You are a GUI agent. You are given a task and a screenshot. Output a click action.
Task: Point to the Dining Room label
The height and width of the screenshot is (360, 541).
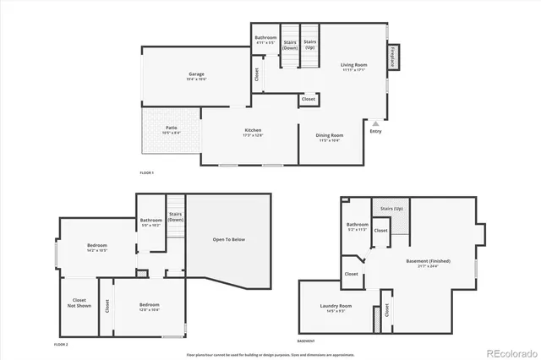click(x=330, y=137)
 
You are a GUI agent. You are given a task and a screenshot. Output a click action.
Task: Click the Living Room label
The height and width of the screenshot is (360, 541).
click(x=353, y=67)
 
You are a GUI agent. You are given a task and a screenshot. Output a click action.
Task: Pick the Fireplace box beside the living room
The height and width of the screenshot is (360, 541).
click(x=393, y=57)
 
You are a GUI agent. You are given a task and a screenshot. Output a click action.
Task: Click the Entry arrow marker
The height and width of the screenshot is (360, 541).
click(x=376, y=123)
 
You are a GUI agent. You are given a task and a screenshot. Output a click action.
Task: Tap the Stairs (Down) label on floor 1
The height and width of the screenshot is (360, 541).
click(x=290, y=44)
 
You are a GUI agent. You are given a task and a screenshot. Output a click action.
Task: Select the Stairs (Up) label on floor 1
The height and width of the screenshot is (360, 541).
click(x=310, y=44)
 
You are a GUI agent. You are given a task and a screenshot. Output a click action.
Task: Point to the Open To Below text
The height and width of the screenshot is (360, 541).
click(x=228, y=240)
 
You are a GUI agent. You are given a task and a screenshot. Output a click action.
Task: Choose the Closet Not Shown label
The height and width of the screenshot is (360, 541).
click(x=80, y=303)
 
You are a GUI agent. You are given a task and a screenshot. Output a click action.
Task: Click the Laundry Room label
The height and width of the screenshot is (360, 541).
click(x=336, y=308)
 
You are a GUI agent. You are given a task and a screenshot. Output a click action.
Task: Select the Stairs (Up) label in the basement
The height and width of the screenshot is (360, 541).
click(x=391, y=207)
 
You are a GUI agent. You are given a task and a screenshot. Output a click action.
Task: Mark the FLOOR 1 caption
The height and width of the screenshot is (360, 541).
click(x=147, y=172)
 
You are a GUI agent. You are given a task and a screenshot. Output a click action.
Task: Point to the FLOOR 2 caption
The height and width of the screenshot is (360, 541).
click(x=61, y=344)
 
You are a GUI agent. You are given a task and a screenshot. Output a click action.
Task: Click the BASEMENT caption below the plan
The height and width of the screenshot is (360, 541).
click(x=307, y=341)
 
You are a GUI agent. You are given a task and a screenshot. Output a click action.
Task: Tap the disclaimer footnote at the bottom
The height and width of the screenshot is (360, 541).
click(x=270, y=353)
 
